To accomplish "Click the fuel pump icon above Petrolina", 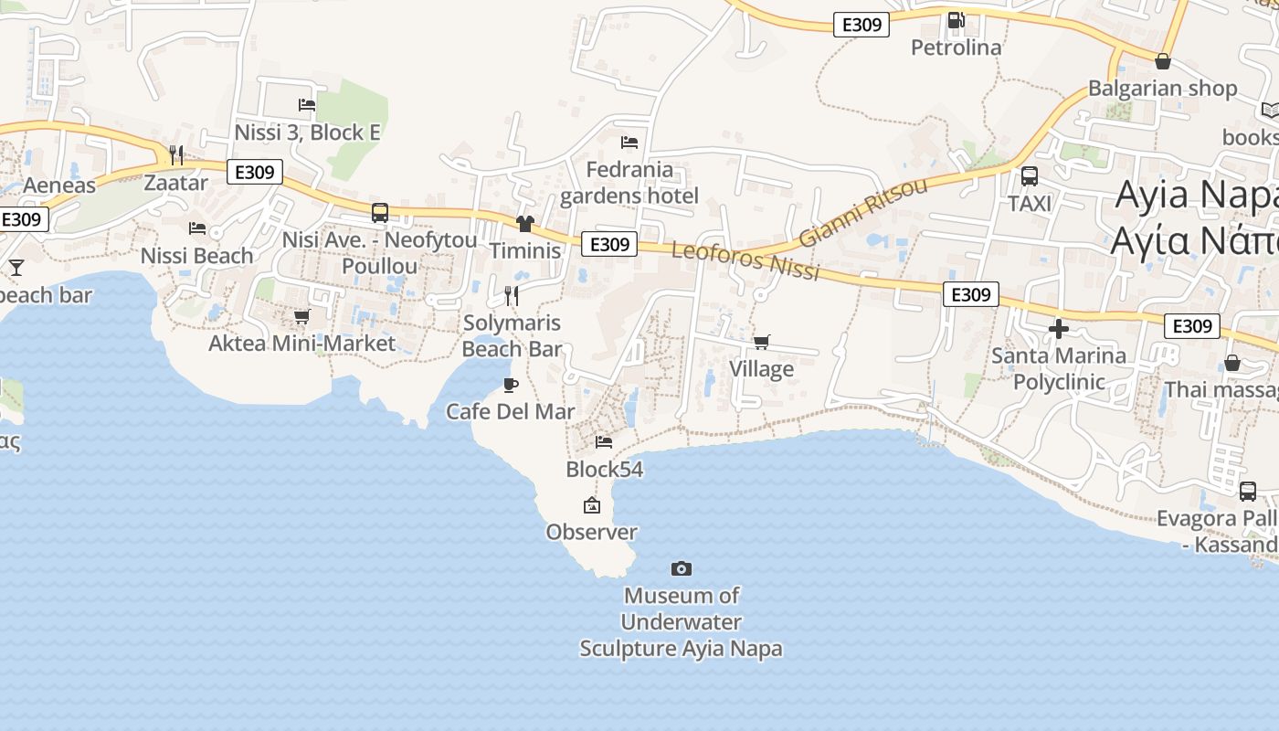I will (956, 19).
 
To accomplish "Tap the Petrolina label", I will (956, 48).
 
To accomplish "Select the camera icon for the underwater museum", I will (681, 569).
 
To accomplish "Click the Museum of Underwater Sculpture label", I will (681, 622).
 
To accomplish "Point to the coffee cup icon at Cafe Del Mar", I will (511, 385).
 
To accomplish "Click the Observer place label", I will (591, 532).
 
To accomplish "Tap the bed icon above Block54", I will (604, 442).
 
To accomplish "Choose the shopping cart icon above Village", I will (761, 343).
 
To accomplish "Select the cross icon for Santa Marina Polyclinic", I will (1059, 328).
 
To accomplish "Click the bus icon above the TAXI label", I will (1030, 176).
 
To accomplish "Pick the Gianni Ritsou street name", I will (862, 212).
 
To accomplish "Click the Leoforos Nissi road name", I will (745, 261).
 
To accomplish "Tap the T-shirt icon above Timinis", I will (524, 224).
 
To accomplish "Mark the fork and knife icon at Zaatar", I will (176, 155).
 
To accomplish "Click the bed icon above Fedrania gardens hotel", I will (629, 143).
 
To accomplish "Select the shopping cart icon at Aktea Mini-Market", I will (301, 317).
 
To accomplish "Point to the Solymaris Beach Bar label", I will (512, 335).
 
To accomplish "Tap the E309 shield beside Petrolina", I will (861, 25).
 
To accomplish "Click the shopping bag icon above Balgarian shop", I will (1163, 61).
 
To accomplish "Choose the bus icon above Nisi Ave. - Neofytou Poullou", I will (380, 213).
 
